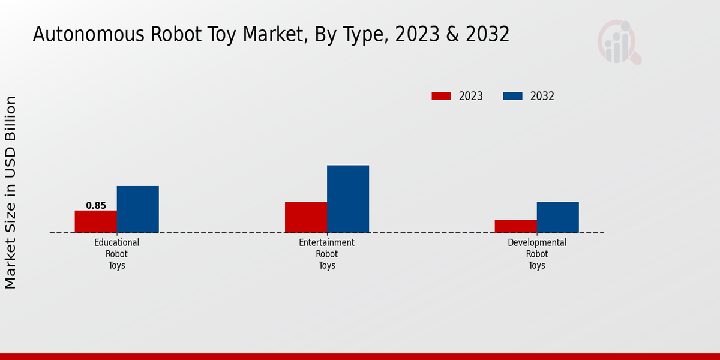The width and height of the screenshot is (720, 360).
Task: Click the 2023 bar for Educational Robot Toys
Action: coord(96,221)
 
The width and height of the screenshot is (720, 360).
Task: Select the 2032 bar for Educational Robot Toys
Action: coord(138,209)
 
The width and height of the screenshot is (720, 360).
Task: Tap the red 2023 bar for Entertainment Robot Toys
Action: coord(306,217)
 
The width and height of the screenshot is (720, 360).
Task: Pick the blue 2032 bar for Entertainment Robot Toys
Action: coord(348,199)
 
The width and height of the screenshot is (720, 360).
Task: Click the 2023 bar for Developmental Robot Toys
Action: coord(516,226)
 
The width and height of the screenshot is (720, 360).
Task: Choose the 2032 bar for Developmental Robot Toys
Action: coord(558,217)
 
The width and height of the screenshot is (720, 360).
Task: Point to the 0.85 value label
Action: coord(96,206)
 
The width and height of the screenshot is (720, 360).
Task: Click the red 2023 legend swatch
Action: coord(441,96)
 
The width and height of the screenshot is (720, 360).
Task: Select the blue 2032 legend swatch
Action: coord(512,96)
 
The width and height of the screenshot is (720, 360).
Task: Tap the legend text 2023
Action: coord(471,96)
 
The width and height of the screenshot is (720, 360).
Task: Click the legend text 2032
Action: coord(542,96)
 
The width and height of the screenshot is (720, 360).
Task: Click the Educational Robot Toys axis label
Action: coord(117,254)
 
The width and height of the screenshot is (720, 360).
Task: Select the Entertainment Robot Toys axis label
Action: coord(327,254)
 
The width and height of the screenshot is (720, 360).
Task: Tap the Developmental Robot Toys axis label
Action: coord(537,254)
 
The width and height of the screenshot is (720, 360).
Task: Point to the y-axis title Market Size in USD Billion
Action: coord(11,192)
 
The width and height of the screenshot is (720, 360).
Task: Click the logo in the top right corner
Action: coord(619,42)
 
